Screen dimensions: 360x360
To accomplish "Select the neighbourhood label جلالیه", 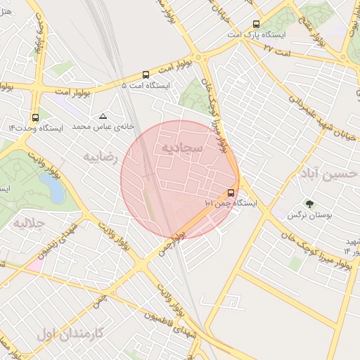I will point(29,223).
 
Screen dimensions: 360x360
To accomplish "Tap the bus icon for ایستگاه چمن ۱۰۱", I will point(231,193).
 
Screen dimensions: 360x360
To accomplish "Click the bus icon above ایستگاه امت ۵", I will point(146,75).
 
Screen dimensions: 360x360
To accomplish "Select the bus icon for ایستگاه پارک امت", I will point(256,24).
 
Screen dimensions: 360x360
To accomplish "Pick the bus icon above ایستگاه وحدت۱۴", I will point(35,117).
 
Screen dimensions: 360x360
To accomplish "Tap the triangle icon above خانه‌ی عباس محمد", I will point(103,116).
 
